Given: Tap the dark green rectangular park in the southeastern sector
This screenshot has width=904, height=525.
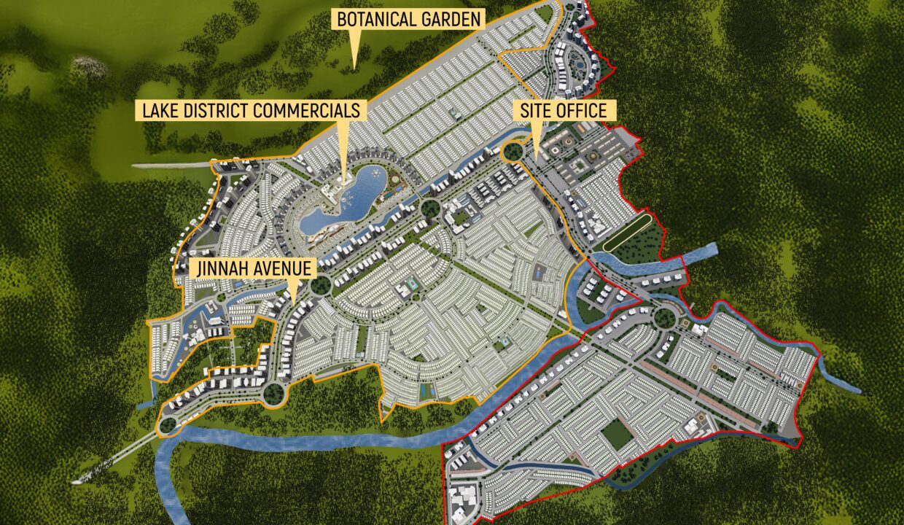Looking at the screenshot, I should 617,435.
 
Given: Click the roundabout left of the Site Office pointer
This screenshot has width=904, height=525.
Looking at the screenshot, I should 513,151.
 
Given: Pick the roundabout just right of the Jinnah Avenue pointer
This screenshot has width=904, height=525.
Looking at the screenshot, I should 320,285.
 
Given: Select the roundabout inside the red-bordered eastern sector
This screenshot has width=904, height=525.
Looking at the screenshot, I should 664,319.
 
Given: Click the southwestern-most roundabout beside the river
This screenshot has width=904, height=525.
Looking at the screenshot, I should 168,424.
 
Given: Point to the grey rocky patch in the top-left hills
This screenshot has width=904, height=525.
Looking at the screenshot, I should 89,67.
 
